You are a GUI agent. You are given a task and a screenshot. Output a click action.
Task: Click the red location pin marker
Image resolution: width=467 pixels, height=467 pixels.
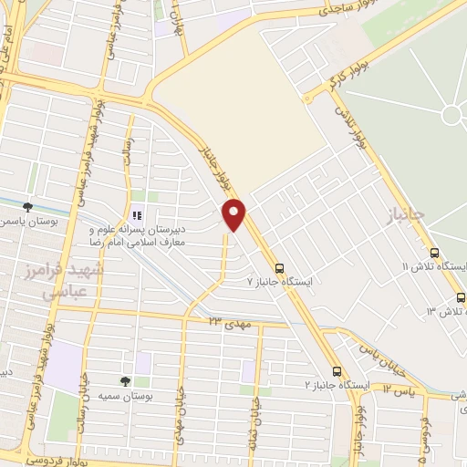pos(234,213)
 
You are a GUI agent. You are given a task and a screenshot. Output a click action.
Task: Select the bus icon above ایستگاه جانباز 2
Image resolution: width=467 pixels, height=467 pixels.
pos(337,371)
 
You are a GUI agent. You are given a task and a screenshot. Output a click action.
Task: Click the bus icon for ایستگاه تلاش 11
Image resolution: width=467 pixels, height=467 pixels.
pos(433,253)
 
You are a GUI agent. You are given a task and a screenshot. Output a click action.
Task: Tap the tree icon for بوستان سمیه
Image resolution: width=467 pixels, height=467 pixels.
pos(126,381)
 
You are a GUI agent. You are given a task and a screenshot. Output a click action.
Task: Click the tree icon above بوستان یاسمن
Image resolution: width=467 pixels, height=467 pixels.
pos(28,208)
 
